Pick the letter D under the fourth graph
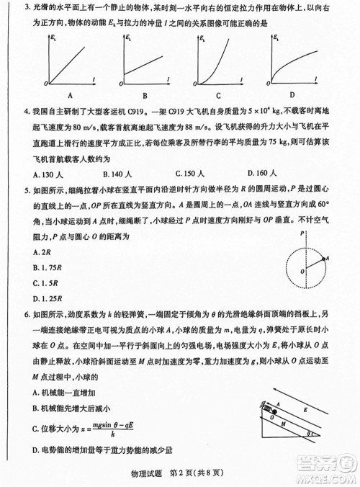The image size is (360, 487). pyautogui.click(x=292, y=94)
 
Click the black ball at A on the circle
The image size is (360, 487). pyautogui.click(x=328, y=258)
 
